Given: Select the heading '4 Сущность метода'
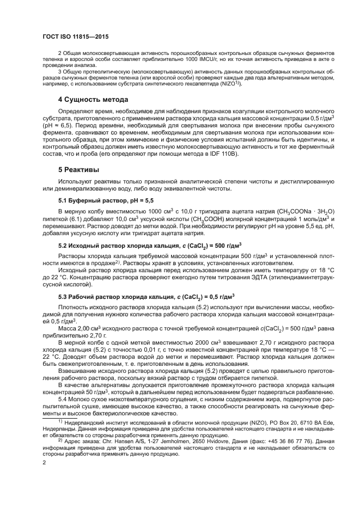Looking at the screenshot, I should (x=93, y=100).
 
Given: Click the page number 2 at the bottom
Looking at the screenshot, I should (x=44, y=462).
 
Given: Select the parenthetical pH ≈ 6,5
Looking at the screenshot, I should (x=58, y=125).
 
